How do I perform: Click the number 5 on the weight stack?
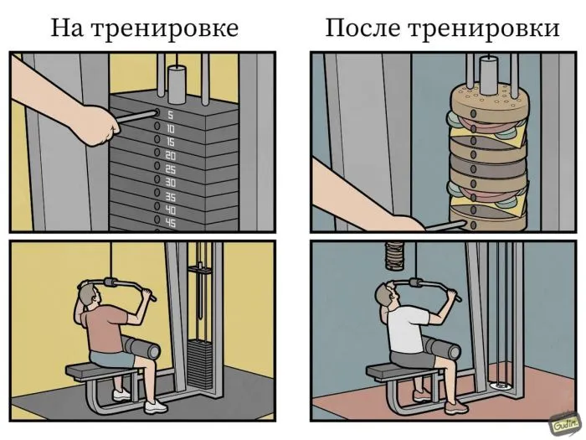(170, 116)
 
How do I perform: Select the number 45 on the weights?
(171, 223)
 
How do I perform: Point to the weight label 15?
(171, 142)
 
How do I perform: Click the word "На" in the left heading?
(67, 28)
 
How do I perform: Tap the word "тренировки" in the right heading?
(485, 28)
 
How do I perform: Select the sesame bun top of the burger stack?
(488, 101)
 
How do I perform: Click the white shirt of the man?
(407, 329)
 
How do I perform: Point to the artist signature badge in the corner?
(563, 424)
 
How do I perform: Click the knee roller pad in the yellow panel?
(143, 347)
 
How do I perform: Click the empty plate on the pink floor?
(500, 385)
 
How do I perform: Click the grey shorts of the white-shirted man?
(414, 360)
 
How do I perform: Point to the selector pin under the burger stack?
(446, 225)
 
